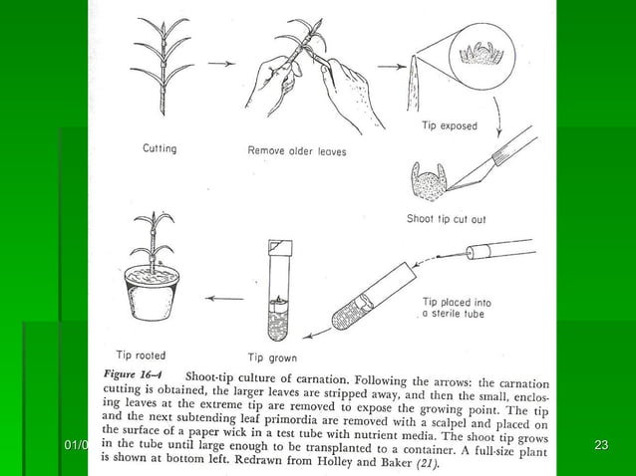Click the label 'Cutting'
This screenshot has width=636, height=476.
pyautogui.click(x=159, y=149)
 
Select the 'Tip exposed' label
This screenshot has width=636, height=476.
pyautogui.click(x=449, y=126)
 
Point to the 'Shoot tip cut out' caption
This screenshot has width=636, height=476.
pyautogui.click(x=448, y=218)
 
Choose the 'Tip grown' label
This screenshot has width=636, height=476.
pyautogui.click(x=271, y=357)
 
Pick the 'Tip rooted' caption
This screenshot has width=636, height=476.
pyautogui.click(x=142, y=354)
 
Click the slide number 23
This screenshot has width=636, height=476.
pyautogui.click(x=600, y=444)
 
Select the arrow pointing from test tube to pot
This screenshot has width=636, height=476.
pyautogui.click(x=223, y=296)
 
